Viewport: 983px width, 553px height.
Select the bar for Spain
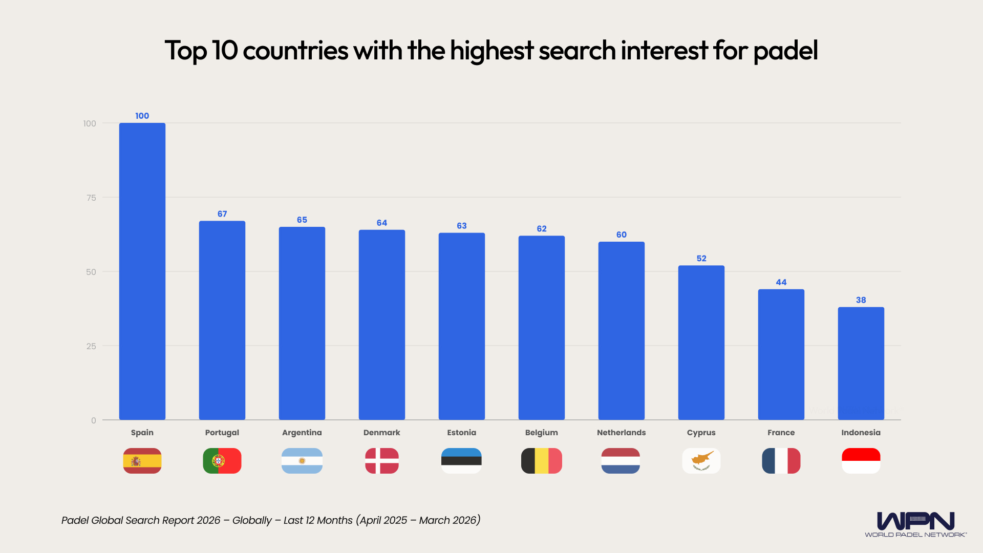[x=142, y=271]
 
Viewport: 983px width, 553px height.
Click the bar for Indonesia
[x=861, y=364]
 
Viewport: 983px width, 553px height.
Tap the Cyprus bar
[x=701, y=343]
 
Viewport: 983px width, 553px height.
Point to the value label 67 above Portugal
[x=222, y=214]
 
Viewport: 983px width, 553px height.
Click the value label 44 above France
[x=781, y=282]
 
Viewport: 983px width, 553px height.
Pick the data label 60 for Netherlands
[x=621, y=235]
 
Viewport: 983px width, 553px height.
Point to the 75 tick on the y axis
[x=91, y=198]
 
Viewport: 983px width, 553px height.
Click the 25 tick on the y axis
[x=91, y=346]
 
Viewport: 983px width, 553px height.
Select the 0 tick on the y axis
[x=94, y=420]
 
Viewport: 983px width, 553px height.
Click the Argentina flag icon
[x=302, y=461]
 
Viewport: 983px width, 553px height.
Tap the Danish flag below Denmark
[x=382, y=461]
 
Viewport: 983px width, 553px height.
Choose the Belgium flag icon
[x=541, y=461]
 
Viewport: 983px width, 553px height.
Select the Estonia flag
[x=461, y=461]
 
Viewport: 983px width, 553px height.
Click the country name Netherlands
[x=621, y=433]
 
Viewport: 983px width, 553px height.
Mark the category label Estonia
[x=461, y=433]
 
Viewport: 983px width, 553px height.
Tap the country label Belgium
[x=541, y=433]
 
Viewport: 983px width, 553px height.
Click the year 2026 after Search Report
[x=208, y=520]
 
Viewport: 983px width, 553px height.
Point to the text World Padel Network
[x=915, y=535]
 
